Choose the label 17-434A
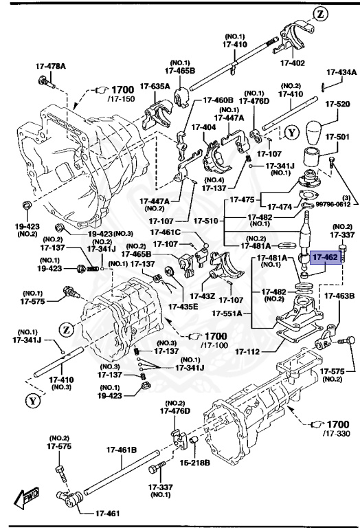(x=341, y=71)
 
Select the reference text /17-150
(x=115, y=99)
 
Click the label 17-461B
(x=122, y=450)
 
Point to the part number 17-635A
(x=155, y=86)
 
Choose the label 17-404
(x=203, y=127)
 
